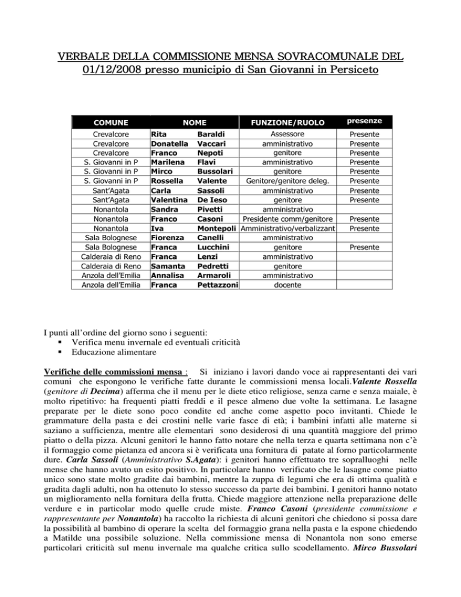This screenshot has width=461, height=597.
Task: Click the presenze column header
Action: pyautogui.click(x=367, y=122)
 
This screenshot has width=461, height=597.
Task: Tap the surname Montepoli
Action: pyautogui.click(x=218, y=229)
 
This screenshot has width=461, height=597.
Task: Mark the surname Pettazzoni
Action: pyautogui.click(x=218, y=283)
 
